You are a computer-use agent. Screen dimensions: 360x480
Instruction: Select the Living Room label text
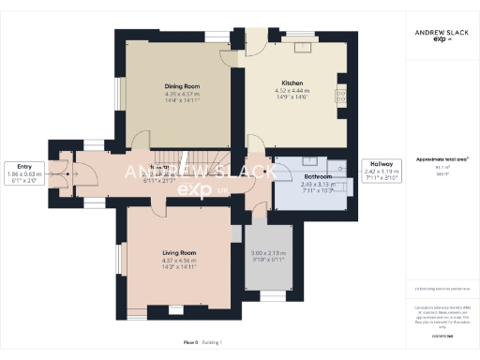pos(178,252)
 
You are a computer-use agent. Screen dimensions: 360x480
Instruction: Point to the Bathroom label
pos(318,176)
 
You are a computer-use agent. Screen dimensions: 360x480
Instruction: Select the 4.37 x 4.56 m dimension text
pos(178,261)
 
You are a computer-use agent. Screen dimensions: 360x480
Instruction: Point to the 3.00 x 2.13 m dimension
pos(267,254)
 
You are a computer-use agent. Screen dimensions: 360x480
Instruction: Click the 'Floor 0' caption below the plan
pos(190,343)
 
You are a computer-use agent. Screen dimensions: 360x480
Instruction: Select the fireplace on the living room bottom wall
pos(174,308)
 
